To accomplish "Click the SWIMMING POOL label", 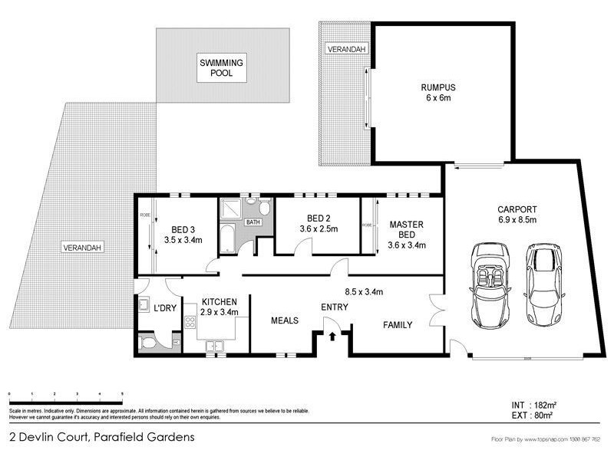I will [223, 67].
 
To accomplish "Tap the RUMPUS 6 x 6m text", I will [434, 93].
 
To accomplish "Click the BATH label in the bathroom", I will [253, 222].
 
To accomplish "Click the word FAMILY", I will [398, 325].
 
